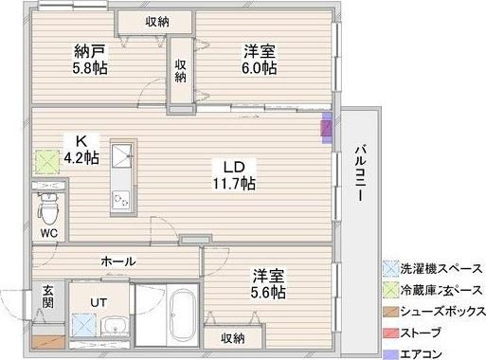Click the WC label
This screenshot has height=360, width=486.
(48, 230)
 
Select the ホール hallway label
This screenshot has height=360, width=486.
(117, 261)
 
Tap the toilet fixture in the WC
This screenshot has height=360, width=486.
(46, 203)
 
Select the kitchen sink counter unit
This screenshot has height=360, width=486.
(121, 180)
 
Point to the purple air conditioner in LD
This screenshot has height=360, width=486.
(327, 127)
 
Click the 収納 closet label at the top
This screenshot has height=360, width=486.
(157, 21)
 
